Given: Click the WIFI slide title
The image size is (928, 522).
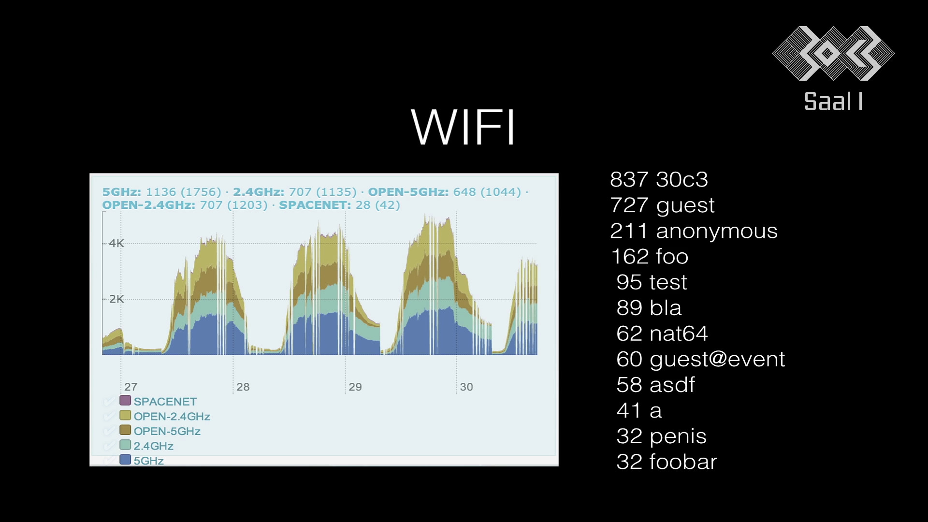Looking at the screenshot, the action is coord(463,127).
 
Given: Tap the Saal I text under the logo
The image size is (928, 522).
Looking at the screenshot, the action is coord(833,102).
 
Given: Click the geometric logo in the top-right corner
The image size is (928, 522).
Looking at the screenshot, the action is coord(833,53).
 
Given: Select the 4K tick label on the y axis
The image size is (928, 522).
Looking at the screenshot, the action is coord(116,243).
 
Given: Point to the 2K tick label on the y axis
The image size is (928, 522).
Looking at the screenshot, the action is coord(116,299).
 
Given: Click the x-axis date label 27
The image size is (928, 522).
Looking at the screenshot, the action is coord(130,387).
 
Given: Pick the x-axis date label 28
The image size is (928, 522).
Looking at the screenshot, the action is coord(243,387).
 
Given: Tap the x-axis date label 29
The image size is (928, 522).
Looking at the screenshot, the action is coord(355,387).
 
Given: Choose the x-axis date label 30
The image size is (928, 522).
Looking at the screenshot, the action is coord(466,387).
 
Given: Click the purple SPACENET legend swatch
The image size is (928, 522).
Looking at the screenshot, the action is coord(125,400).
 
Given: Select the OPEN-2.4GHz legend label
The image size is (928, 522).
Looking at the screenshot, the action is coord(172,416).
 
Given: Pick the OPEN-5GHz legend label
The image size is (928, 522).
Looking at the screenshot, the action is coord(167,431).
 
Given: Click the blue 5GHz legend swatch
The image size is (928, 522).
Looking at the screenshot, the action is coord(125,459).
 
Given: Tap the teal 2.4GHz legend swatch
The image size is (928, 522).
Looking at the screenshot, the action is coord(125,445).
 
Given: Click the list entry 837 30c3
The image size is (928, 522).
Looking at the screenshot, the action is coord(659,179).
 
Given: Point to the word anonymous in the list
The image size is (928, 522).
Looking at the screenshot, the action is coord(717,231).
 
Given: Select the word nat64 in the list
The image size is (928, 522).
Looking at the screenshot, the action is coord(679,333).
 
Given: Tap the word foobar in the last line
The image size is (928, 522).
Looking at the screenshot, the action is coord(683,462).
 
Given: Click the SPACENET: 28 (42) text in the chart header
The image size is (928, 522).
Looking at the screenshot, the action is coord(339,205).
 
